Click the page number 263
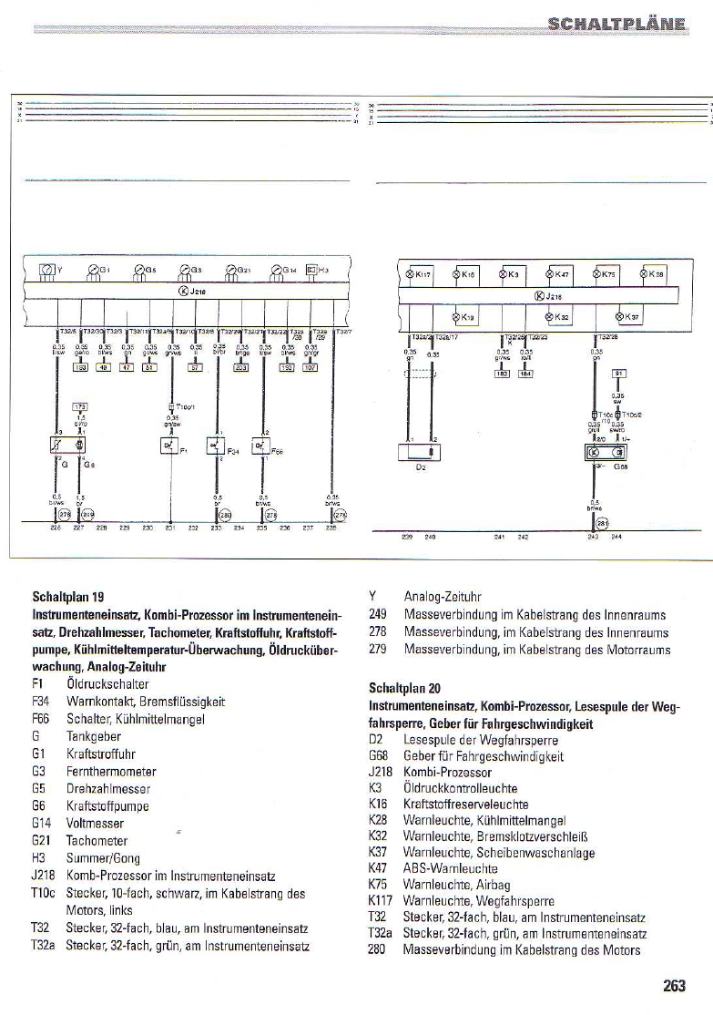coord(674,985)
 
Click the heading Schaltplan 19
coord(67,598)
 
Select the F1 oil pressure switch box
coord(168,446)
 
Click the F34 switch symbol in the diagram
coord(216,446)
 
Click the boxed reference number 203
coord(241,367)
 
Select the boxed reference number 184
coord(525,374)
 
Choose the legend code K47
coord(379,870)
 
